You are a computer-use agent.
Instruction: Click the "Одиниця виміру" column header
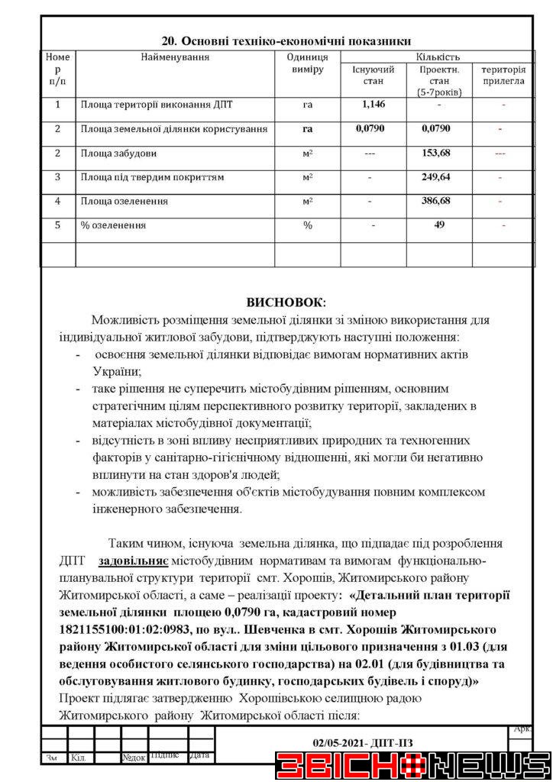click(307, 63)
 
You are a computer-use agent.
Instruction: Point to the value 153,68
click(435, 153)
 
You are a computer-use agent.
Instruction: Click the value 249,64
click(435, 177)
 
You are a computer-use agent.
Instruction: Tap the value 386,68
click(435, 202)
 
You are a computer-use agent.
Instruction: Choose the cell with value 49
click(439, 225)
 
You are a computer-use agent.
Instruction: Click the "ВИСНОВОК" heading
click(286, 302)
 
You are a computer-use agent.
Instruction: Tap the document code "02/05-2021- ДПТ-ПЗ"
click(363, 742)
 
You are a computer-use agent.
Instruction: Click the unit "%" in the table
click(308, 226)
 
